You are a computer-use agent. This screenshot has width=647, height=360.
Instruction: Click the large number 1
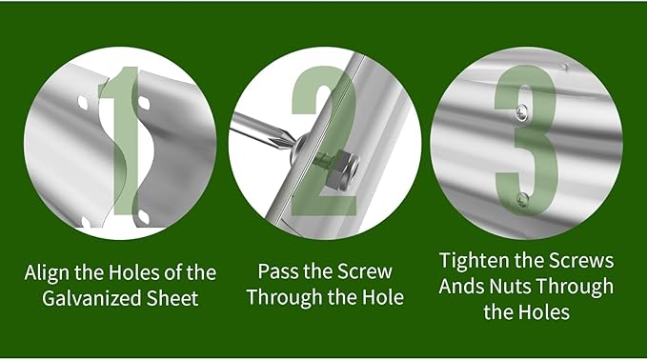[x=124, y=140]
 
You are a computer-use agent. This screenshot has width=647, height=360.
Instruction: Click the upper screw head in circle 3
[x=521, y=112]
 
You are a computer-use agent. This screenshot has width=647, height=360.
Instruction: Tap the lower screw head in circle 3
[x=523, y=200]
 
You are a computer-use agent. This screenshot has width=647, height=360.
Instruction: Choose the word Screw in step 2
[x=364, y=271]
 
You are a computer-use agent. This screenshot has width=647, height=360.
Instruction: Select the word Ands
[x=461, y=286]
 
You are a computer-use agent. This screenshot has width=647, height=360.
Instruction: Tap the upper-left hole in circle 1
[x=83, y=103]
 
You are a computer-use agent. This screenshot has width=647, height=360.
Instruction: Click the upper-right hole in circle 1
[x=143, y=103]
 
